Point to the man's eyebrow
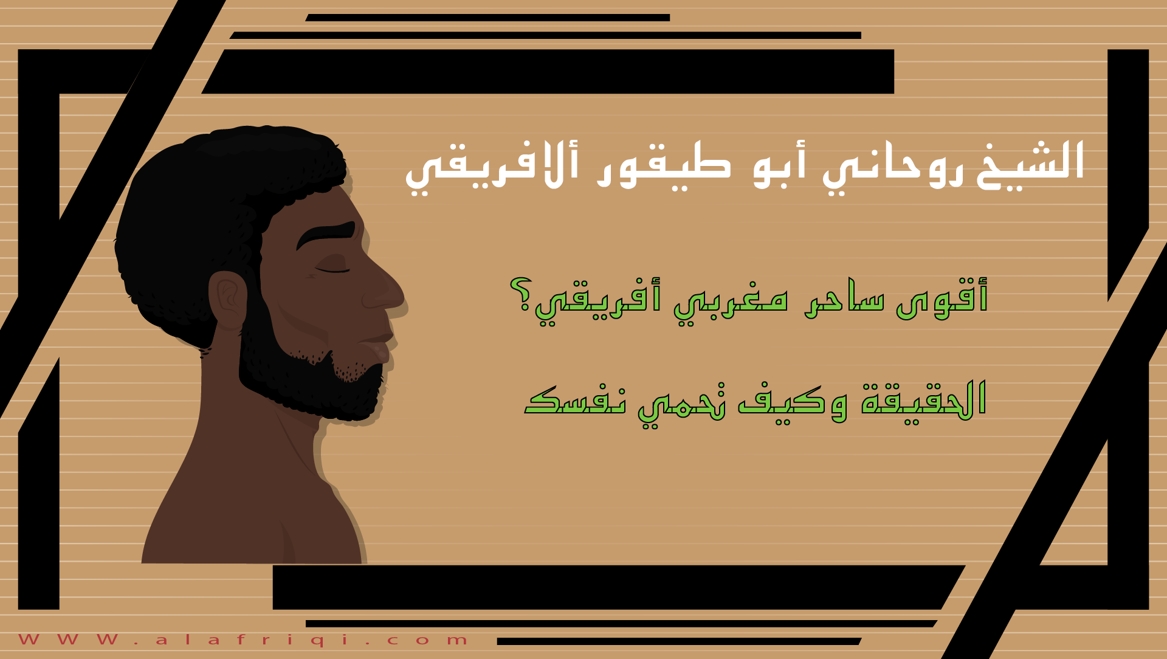[325, 234]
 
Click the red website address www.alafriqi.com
[243, 640]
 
